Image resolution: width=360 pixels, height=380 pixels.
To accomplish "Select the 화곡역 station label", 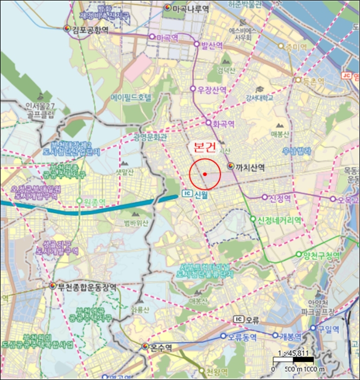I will (x=223, y=124).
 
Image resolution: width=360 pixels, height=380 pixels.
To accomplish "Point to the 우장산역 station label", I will (x=212, y=89).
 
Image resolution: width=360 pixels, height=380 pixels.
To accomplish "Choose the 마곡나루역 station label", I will (x=190, y=9).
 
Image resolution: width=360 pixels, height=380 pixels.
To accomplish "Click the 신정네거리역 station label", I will (x=280, y=220).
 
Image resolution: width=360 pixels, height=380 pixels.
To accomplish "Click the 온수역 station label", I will (x=161, y=347).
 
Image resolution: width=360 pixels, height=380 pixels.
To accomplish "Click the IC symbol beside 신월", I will (x=187, y=194).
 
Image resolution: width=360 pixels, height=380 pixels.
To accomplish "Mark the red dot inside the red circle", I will (x=205, y=174).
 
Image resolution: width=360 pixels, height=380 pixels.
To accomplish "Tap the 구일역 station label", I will (x=328, y=328).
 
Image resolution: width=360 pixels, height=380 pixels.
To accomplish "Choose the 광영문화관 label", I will (x=150, y=138).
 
